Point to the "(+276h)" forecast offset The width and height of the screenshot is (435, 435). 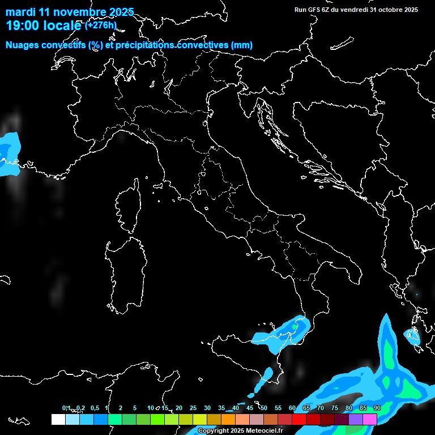pyautogui.click(x=101, y=25)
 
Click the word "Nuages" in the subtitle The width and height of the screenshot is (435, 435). pyautogui.click(x=23, y=45)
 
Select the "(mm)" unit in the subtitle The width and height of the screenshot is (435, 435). pyautogui.click(x=242, y=45)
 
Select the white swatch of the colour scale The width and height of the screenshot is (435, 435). pyautogui.click(x=58, y=419)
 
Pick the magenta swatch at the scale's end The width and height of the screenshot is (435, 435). pyautogui.click(x=370, y=419)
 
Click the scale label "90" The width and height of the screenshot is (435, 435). pyautogui.click(x=377, y=408)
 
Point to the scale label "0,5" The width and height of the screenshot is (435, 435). pyautogui.click(x=95, y=408)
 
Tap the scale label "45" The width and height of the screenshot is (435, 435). pyautogui.click(x=250, y=408)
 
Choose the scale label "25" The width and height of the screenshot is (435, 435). pyautogui.click(x=193, y=408)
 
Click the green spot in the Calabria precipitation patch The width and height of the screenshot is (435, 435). pyautogui.click(x=296, y=327)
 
